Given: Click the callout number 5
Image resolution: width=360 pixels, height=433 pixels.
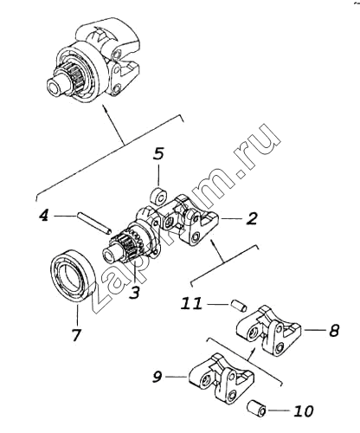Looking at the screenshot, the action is [x=158, y=153].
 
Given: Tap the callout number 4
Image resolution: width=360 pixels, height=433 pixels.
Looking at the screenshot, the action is [x=44, y=215].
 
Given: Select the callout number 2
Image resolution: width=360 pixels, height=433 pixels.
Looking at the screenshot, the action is [x=251, y=218].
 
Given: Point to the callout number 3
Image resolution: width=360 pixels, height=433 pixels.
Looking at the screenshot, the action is [x=134, y=292].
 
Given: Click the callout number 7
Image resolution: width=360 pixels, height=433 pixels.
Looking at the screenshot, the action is [x=76, y=334].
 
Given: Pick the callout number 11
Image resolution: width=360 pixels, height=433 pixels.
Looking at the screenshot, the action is [x=191, y=304].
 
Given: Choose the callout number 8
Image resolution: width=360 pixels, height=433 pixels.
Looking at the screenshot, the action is [x=334, y=330].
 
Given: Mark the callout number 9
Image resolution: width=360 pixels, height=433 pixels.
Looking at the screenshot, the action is [x=157, y=376].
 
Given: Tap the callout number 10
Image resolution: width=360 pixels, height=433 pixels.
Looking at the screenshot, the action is [x=303, y=410].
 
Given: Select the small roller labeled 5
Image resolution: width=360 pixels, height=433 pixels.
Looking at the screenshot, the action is [x=158, y=197].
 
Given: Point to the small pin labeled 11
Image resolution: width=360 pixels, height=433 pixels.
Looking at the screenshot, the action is [x=239, y=306].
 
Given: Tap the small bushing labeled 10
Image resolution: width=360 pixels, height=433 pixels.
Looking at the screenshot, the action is [x=256, y=408].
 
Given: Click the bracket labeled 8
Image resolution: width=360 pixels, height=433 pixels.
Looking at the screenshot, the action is [x=269, y=331].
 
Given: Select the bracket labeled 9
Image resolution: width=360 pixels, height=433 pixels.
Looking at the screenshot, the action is [x=222, y=378].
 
